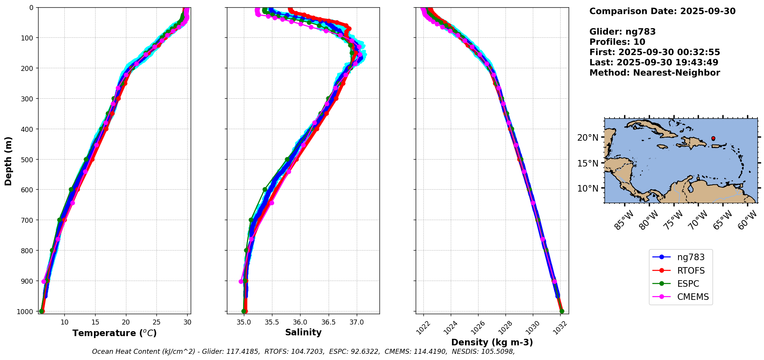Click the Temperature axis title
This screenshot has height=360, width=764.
tap(114, 333)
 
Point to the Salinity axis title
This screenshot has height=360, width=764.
tap(303, 332)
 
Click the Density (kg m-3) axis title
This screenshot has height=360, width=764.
tap(492, 342)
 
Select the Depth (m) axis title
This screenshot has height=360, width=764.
tap(8, 161)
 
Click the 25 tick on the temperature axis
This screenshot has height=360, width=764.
tap(156, 322)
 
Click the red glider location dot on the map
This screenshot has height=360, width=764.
tap(713, 138)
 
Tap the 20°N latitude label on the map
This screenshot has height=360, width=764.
tap(588, 138)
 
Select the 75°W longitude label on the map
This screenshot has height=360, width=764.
tap(673, 220)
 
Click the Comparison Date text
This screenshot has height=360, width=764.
tap(662, 11)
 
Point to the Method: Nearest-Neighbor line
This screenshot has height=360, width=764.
tap(655, 73)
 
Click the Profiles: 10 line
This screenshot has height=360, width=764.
tap(617, 42)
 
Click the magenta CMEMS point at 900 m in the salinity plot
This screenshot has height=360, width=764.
tap(241, 281)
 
